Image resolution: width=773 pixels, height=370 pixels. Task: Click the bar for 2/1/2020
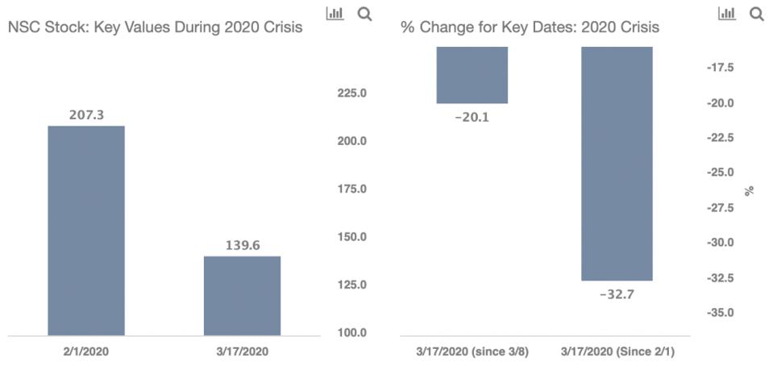tap(86, 231)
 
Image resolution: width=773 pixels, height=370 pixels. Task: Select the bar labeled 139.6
tap(242, 295)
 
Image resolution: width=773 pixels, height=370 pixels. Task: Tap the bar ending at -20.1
tap(472, 75)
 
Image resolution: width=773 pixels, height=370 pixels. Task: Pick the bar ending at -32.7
tap(617, 164)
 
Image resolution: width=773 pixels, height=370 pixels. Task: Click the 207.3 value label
tap(86, 116)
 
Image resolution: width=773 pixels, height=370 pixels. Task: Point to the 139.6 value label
tap(242, 247)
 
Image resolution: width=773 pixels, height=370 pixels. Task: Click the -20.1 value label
tap(472, 117)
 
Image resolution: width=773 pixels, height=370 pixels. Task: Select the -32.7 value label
tap(617, 294)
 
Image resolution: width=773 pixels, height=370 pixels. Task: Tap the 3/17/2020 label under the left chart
tap(242, 351)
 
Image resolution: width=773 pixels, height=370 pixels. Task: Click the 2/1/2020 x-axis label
tap(86, 351)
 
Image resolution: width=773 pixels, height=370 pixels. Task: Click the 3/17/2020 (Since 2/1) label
tap(617, 351)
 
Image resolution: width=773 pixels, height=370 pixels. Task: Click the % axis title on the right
tap(749, 191)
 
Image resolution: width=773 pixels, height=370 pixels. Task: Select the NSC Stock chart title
tap(155, 27)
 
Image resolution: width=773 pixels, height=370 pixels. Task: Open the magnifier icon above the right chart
tap(756, 14)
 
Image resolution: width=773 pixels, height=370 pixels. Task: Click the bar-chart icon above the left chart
tap(335, 14)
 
